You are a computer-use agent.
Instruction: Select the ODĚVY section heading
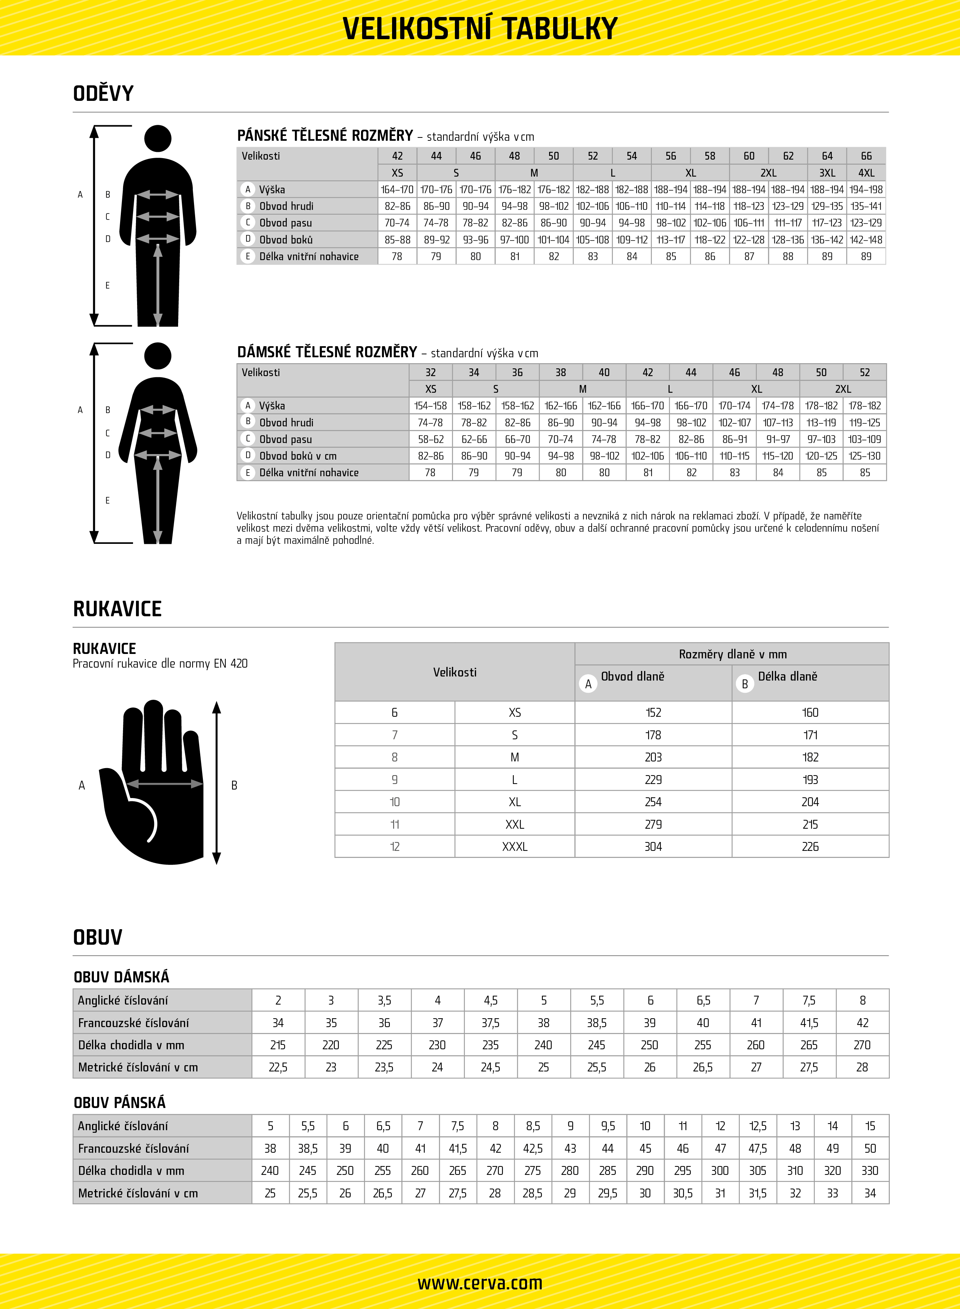click(103, 93)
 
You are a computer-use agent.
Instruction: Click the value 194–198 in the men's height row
click(866, 190)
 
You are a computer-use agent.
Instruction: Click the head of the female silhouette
click(157, 355)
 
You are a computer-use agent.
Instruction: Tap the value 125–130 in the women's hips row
click(865, 456)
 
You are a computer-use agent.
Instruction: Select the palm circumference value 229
click(653, 780)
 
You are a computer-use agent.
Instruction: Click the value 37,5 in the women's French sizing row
click(490, 1023)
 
